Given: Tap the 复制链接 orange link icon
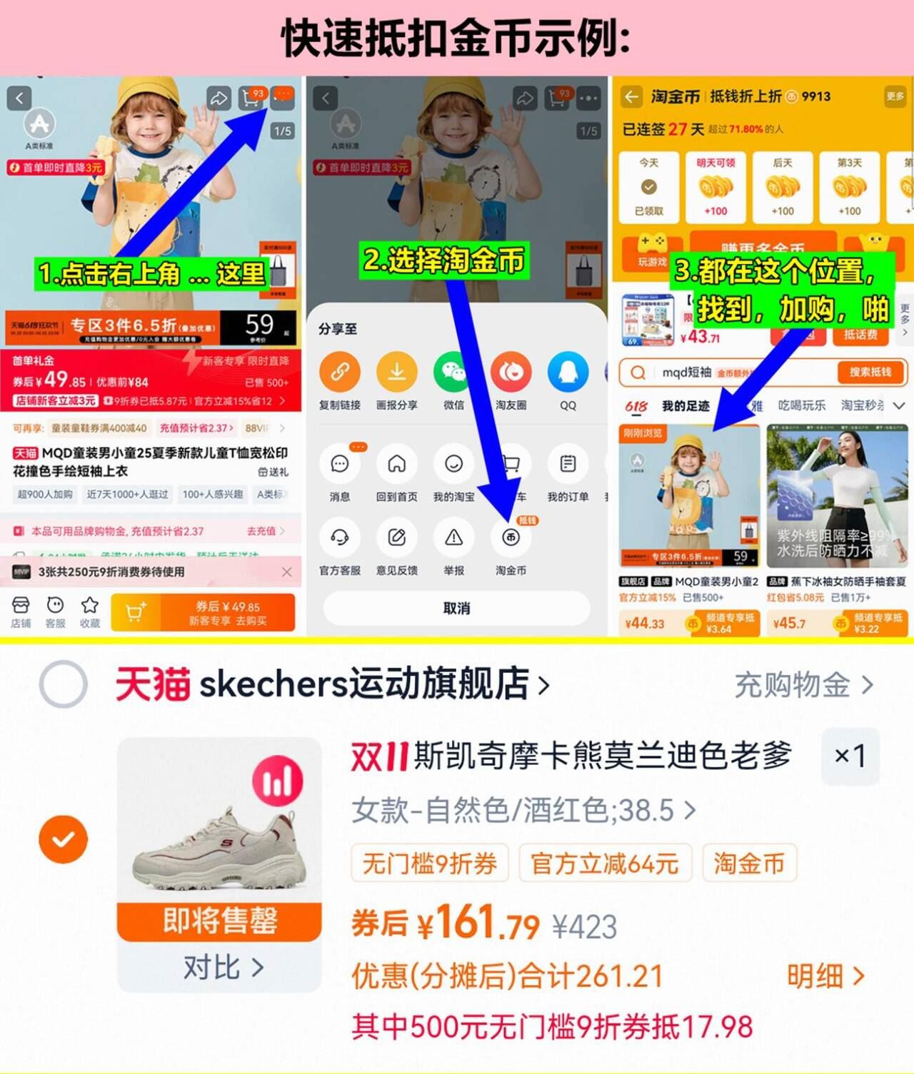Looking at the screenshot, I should click(x=340, y=372).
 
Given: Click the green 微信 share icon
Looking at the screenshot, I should click(x=453, y=372).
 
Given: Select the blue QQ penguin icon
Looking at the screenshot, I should click(x=568, y=372).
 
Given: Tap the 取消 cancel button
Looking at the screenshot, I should click(x=456, y=608).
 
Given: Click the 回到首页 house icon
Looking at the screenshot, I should click(x=396, y=465).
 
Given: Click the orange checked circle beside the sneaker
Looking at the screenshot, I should click(x=64, y=839).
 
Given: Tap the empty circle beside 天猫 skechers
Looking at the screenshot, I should click(x=64, y=684).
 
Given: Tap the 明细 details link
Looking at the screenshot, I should click(x=825, y=976).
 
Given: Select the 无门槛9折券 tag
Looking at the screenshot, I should click(x=429, y=863).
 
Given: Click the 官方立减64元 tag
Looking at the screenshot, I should click(x=604, y=863).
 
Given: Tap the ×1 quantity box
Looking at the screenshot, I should click(x=850, y=756).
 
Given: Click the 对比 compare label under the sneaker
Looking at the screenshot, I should click(x=222, y=968).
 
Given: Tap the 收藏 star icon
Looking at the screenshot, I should click(x=90, y=606).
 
